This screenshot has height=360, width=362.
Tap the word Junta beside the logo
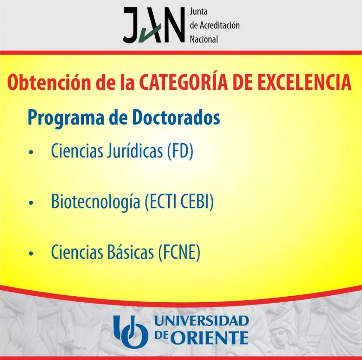[x=199, y=11]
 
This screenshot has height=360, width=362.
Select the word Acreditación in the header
[x=220, y=25]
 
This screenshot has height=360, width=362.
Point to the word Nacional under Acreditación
[x=204, y=39]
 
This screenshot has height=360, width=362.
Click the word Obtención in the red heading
[x=49, y=82]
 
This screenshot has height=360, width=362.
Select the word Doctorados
[x=177, y=118]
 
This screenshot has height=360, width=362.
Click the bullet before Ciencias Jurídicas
[x=31, y=152]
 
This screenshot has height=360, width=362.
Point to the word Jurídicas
[x=135, y=151]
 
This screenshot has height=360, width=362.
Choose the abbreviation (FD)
[x=180, y=152]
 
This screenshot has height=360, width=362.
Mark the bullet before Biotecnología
[x=31, y=203]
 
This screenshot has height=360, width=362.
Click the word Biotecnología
[x=95, y=201]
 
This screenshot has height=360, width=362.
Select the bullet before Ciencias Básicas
[x=31, y=253]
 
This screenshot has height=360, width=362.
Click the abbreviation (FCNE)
[x=179, y=252]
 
